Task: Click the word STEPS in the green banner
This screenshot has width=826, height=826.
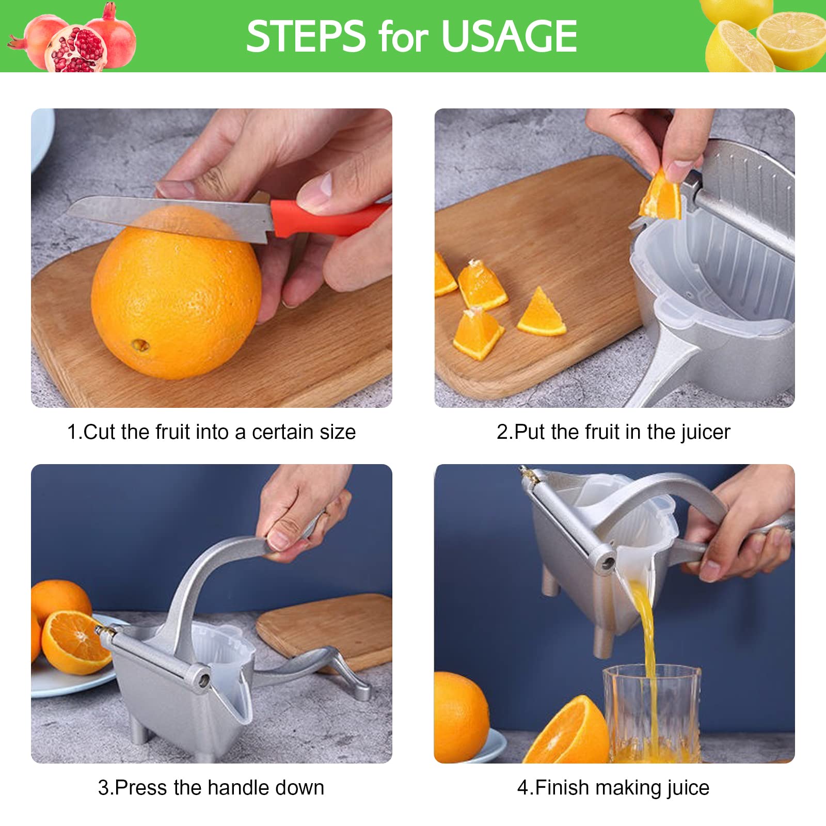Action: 306,36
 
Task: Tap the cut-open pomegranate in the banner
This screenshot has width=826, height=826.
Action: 76,50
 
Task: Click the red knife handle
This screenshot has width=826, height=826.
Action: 328,218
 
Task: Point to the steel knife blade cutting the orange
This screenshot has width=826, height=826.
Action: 170,217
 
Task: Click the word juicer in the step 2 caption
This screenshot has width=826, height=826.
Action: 705,433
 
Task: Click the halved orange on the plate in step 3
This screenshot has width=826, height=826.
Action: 75,642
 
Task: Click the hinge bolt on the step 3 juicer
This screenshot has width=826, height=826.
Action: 203,680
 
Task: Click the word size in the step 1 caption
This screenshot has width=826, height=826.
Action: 338,432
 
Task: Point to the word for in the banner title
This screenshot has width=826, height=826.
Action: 403,37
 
